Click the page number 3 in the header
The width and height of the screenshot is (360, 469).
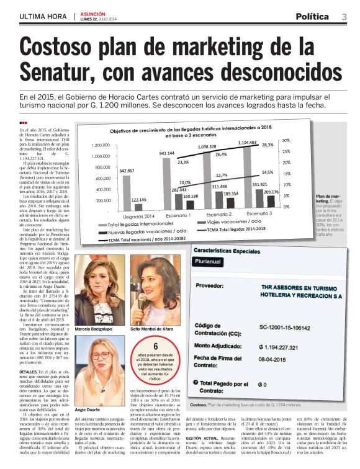pyautogui.click(x=344, y=16)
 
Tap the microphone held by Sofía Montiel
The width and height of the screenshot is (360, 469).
pyautogui.click(x=142, y=303)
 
